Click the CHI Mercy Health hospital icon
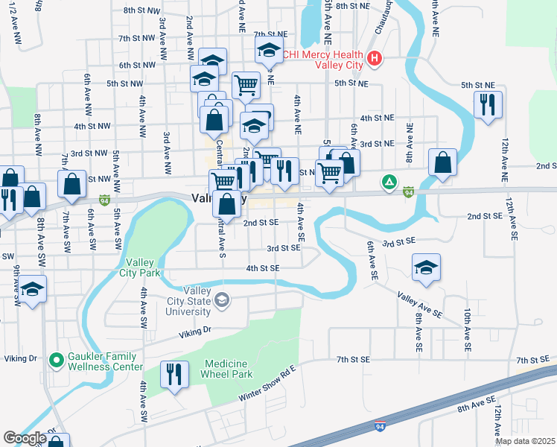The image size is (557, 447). pyautogui.click(x=374, y=57)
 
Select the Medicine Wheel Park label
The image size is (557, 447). pyautogui.click(x=227, y=369)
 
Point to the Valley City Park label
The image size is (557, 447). pyautogui.click(x=143, y=267)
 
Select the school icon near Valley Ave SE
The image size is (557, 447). pyautogui.click(x=426, y=268)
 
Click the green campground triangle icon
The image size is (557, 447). pyautogui.click(x=389, y=181)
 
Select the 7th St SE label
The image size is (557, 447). pyautogui.click(x=353, y=360)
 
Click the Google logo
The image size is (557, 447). pyautogui.click(x=25, y=438)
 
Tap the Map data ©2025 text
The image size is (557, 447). pyautogui.click(x=525, y=441)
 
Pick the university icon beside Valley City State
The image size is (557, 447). pyautogui.click(x=220, y=300)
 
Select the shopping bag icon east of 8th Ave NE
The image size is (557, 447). pyautogui.click(x=443, y=163)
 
